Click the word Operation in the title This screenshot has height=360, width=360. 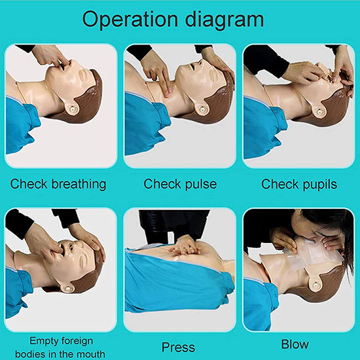point(130,20)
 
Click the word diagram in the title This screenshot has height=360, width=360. point(225,20)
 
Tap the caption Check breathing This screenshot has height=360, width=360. point(58,184)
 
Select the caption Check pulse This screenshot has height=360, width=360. point(180,184)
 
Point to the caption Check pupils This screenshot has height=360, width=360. point(299,184)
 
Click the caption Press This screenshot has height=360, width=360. point(179,347)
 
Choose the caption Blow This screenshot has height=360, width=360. point(295,344)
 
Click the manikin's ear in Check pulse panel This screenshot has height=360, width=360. point(202,108)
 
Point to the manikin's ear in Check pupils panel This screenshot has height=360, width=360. point(319,111)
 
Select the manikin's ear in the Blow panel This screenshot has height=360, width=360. point(316,285)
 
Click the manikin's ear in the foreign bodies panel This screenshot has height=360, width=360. point(67,287)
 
